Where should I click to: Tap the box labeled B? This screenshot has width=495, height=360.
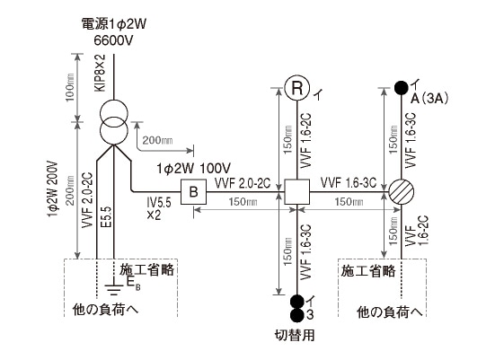(x=192, y=191)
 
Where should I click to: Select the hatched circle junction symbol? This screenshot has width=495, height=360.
(x=400, y=191)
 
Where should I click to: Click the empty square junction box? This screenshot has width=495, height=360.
(x=296, y=191)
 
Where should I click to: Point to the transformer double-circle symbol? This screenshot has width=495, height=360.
(x=112, y=122)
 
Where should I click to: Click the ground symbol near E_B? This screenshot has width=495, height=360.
(x=113, y=288)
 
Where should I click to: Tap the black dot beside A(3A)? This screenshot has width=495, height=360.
(x=400, y=88)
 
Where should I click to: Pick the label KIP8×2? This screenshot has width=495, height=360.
(x=101, y=75)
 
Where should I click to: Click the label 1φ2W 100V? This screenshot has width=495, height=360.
(x=193, y=168)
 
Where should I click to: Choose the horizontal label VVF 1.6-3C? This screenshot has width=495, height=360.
(x=349, y=183)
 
